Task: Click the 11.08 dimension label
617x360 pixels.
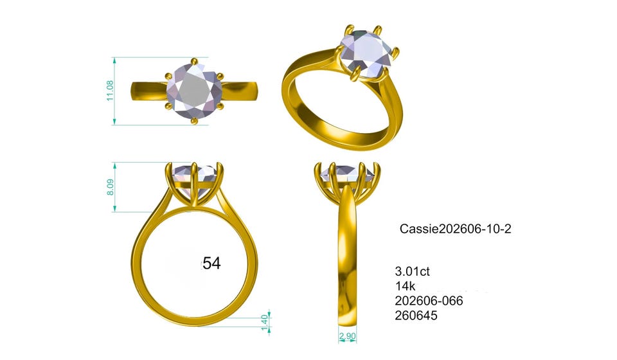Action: (x=110, y=91)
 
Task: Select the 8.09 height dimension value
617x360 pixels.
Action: (x=111, y=187)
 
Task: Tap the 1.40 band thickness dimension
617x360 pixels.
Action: (x=265, y=322)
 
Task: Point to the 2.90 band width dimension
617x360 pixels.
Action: (x=348, y=336)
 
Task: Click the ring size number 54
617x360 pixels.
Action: (x=211, y=263)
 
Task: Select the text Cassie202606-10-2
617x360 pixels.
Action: (x=455, y=229)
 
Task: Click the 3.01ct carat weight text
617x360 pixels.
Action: (x=413, y=271)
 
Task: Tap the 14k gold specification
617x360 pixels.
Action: (x=406, y=286)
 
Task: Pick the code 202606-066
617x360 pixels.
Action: (x=429, y=301)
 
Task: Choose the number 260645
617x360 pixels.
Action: (x=416, y=316)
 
